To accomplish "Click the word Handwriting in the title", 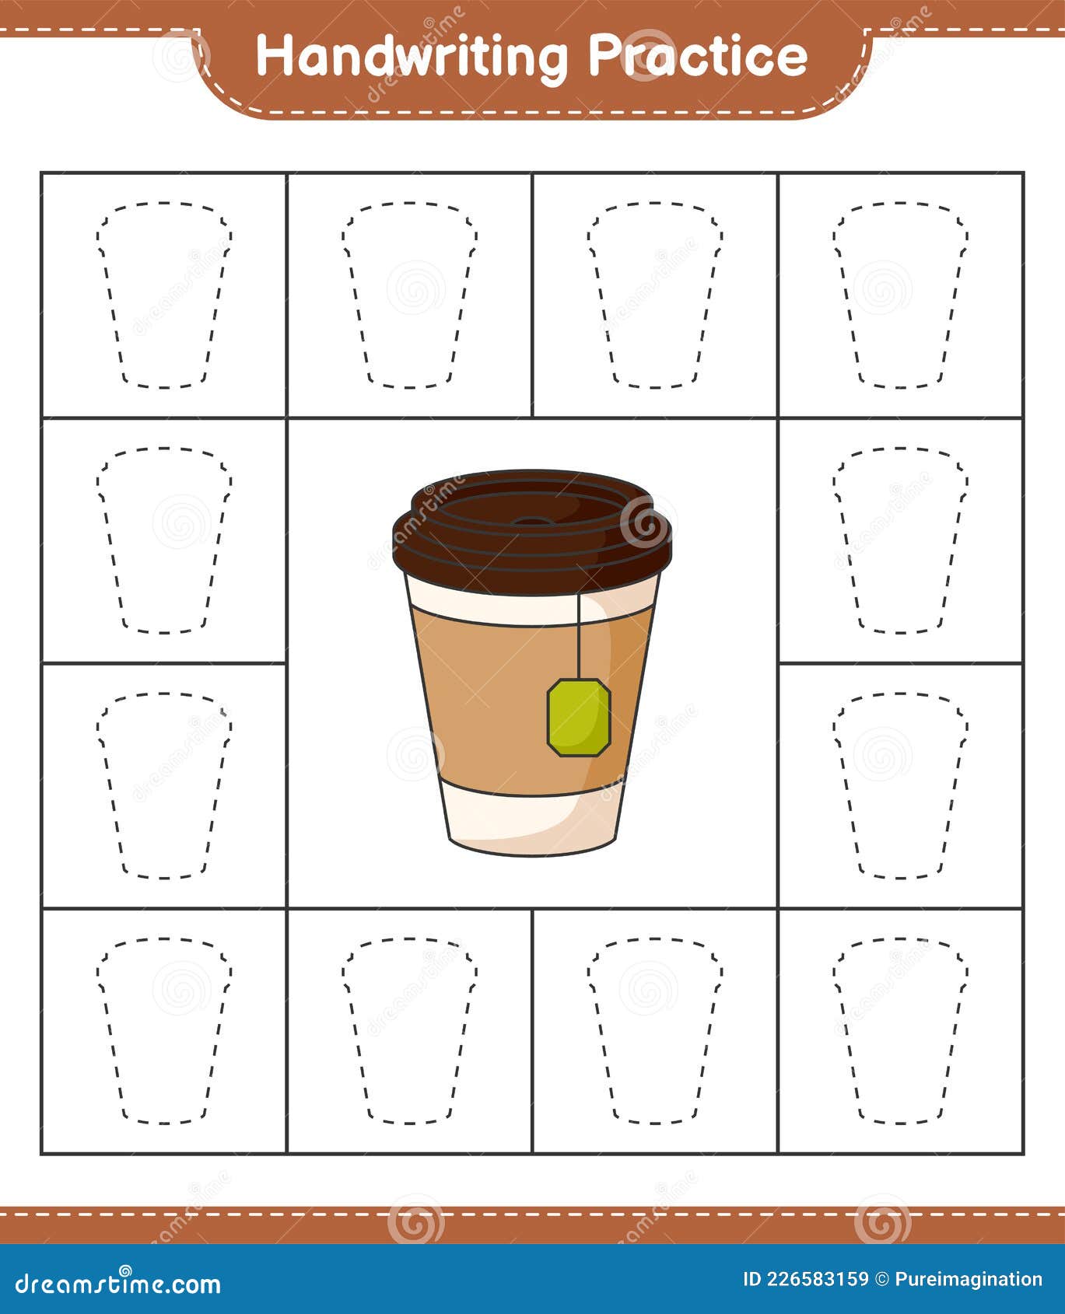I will click(x=412, y=58).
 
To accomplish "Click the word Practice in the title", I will click(x=697, y=56).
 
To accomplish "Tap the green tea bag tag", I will click(x=579, y=717).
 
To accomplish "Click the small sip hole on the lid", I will click(x=531, y=521).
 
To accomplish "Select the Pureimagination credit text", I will click(x=969, y=1279).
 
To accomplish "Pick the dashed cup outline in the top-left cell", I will click(x=164, y=295).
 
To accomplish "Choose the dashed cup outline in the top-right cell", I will click(x=900, y=295).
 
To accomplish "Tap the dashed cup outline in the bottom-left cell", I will click(x=164, y=1030).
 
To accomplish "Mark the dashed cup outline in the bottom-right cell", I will click(x=900, y=1030).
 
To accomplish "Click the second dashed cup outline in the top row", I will click(x=409, y=295).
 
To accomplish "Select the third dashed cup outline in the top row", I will click(x=654, y=295).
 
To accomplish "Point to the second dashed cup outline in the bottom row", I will click(x=409, y=1030).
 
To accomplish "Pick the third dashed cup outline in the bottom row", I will click(x=654, y=1030).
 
